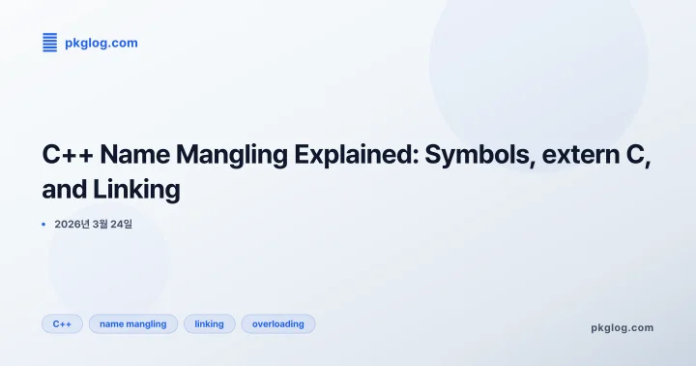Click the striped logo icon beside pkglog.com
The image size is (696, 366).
49,42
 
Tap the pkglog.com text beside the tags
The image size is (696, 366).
622,327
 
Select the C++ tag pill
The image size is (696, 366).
62,323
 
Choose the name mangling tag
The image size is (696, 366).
132,323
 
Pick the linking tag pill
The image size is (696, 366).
209,323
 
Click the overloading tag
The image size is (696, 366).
277,323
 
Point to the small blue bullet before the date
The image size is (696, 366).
44,224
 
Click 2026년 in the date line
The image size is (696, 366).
72,224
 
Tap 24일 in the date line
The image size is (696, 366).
121,224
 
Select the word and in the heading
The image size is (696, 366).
65,190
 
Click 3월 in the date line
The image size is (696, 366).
100,224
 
